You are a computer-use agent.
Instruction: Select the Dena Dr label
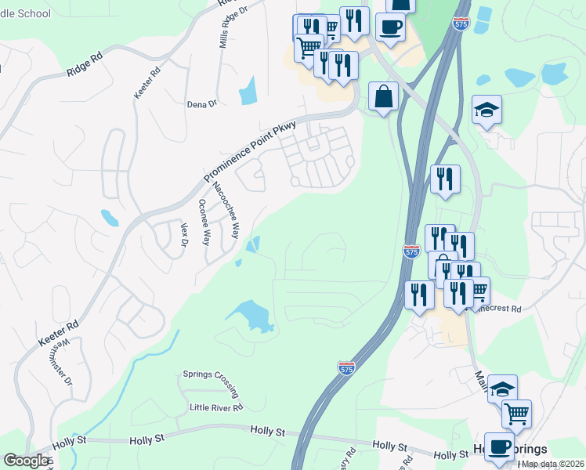[x=201, y=103]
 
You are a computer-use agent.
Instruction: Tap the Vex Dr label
[x=185, y=237]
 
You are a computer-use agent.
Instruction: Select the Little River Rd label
[x=216, y=407]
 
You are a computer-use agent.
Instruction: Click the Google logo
[x=26, y=461]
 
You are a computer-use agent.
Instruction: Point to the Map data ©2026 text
[x=552, y=464]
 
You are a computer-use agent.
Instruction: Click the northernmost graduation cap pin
[x=487, y=110]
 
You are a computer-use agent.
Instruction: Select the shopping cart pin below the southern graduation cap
[x=516, y=413]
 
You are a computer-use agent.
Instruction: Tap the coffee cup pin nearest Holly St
[x=498, y=446]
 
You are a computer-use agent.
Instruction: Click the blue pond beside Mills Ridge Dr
[x=248, y=91]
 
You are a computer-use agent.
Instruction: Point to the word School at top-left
[x=32, y=13]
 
